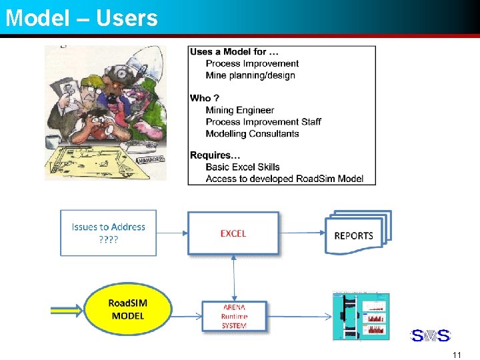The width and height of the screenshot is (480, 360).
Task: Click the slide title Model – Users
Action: tap(81, 17)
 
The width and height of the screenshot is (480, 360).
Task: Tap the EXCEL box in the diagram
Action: tap(233, 233)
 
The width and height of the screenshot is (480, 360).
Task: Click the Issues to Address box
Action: tap(109, 232)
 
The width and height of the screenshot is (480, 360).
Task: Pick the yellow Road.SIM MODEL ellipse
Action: tap(128, 310)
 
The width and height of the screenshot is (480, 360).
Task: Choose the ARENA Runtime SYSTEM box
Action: tap(235, 316)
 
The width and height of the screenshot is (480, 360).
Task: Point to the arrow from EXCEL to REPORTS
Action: tap(302, 233)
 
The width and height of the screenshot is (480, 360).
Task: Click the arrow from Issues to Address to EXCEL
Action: tap(172, 233)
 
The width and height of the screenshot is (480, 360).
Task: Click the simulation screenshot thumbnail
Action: tap(361, 316)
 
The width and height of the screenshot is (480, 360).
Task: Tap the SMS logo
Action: tap(430, 335)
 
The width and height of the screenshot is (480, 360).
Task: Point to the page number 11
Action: tap(456, 355)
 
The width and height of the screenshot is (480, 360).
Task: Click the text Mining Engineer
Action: tap(240, 110)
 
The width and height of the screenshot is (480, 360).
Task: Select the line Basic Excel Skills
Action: tap(243, 167)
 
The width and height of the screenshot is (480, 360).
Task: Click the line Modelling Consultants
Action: tap(252, 133)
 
